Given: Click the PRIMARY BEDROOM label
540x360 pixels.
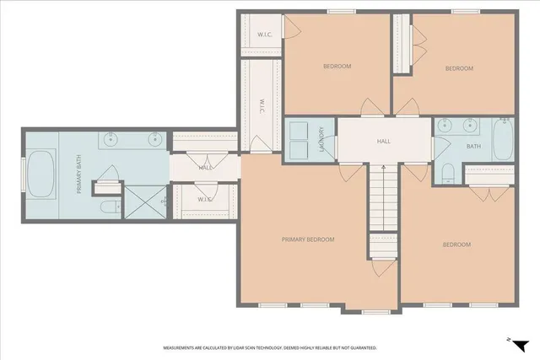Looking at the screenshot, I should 308,239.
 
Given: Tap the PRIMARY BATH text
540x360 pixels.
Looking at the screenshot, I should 79,179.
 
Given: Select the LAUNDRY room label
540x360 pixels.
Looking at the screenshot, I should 321,139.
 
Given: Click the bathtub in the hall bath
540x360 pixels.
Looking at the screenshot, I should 503,140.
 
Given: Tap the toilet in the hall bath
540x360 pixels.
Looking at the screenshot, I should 449,174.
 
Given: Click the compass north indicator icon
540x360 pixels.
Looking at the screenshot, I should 521,344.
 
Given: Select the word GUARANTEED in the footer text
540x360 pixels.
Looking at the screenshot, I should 359,347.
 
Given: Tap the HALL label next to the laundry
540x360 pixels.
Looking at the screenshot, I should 384,142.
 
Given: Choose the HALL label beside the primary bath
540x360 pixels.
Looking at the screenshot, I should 205,168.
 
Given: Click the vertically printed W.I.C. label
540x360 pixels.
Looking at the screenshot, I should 262,105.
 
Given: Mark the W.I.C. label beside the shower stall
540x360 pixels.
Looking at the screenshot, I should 205,199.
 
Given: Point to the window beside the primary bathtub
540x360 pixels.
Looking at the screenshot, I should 23,173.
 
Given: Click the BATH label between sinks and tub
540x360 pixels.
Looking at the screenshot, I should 473,146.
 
